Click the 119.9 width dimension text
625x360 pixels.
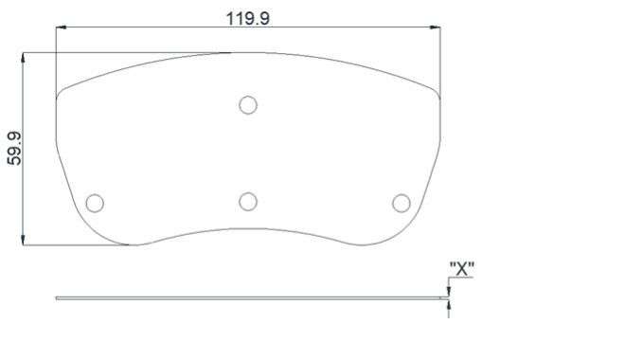click(247, 18)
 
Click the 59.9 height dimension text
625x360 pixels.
click(15, 149)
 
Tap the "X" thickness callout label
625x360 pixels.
click(461, 269)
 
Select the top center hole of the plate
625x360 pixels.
click(248, 105)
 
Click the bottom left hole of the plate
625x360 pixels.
click(95, 203)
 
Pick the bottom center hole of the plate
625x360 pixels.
click(248, 202)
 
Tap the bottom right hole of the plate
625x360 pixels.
click(401, 203)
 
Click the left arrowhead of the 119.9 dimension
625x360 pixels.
click(61, 27)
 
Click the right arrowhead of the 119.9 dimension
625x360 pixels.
click(436, 27)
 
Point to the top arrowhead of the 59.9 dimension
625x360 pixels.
click(23, 57)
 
